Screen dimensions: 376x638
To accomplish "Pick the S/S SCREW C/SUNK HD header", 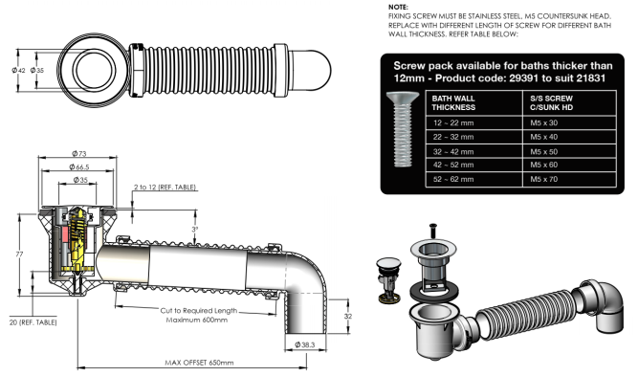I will (555, 102).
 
